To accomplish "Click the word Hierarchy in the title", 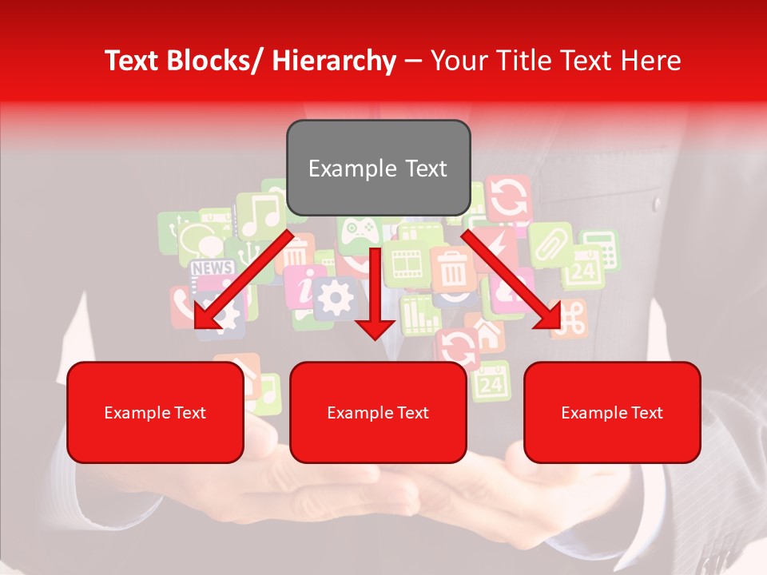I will pos(334,61).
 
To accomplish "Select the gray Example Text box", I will pos(378,168).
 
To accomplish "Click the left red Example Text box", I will pos(155,412).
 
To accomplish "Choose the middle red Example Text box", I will pos(378,412).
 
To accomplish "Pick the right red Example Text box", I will pos(612,412).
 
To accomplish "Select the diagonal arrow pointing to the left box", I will pos(240,280).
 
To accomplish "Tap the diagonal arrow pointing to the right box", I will pos(512,280).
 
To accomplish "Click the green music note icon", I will pos(260,214).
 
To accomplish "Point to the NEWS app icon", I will pos(212,268).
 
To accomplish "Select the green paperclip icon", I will pos(550,244).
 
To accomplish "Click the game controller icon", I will pos(359,231).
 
